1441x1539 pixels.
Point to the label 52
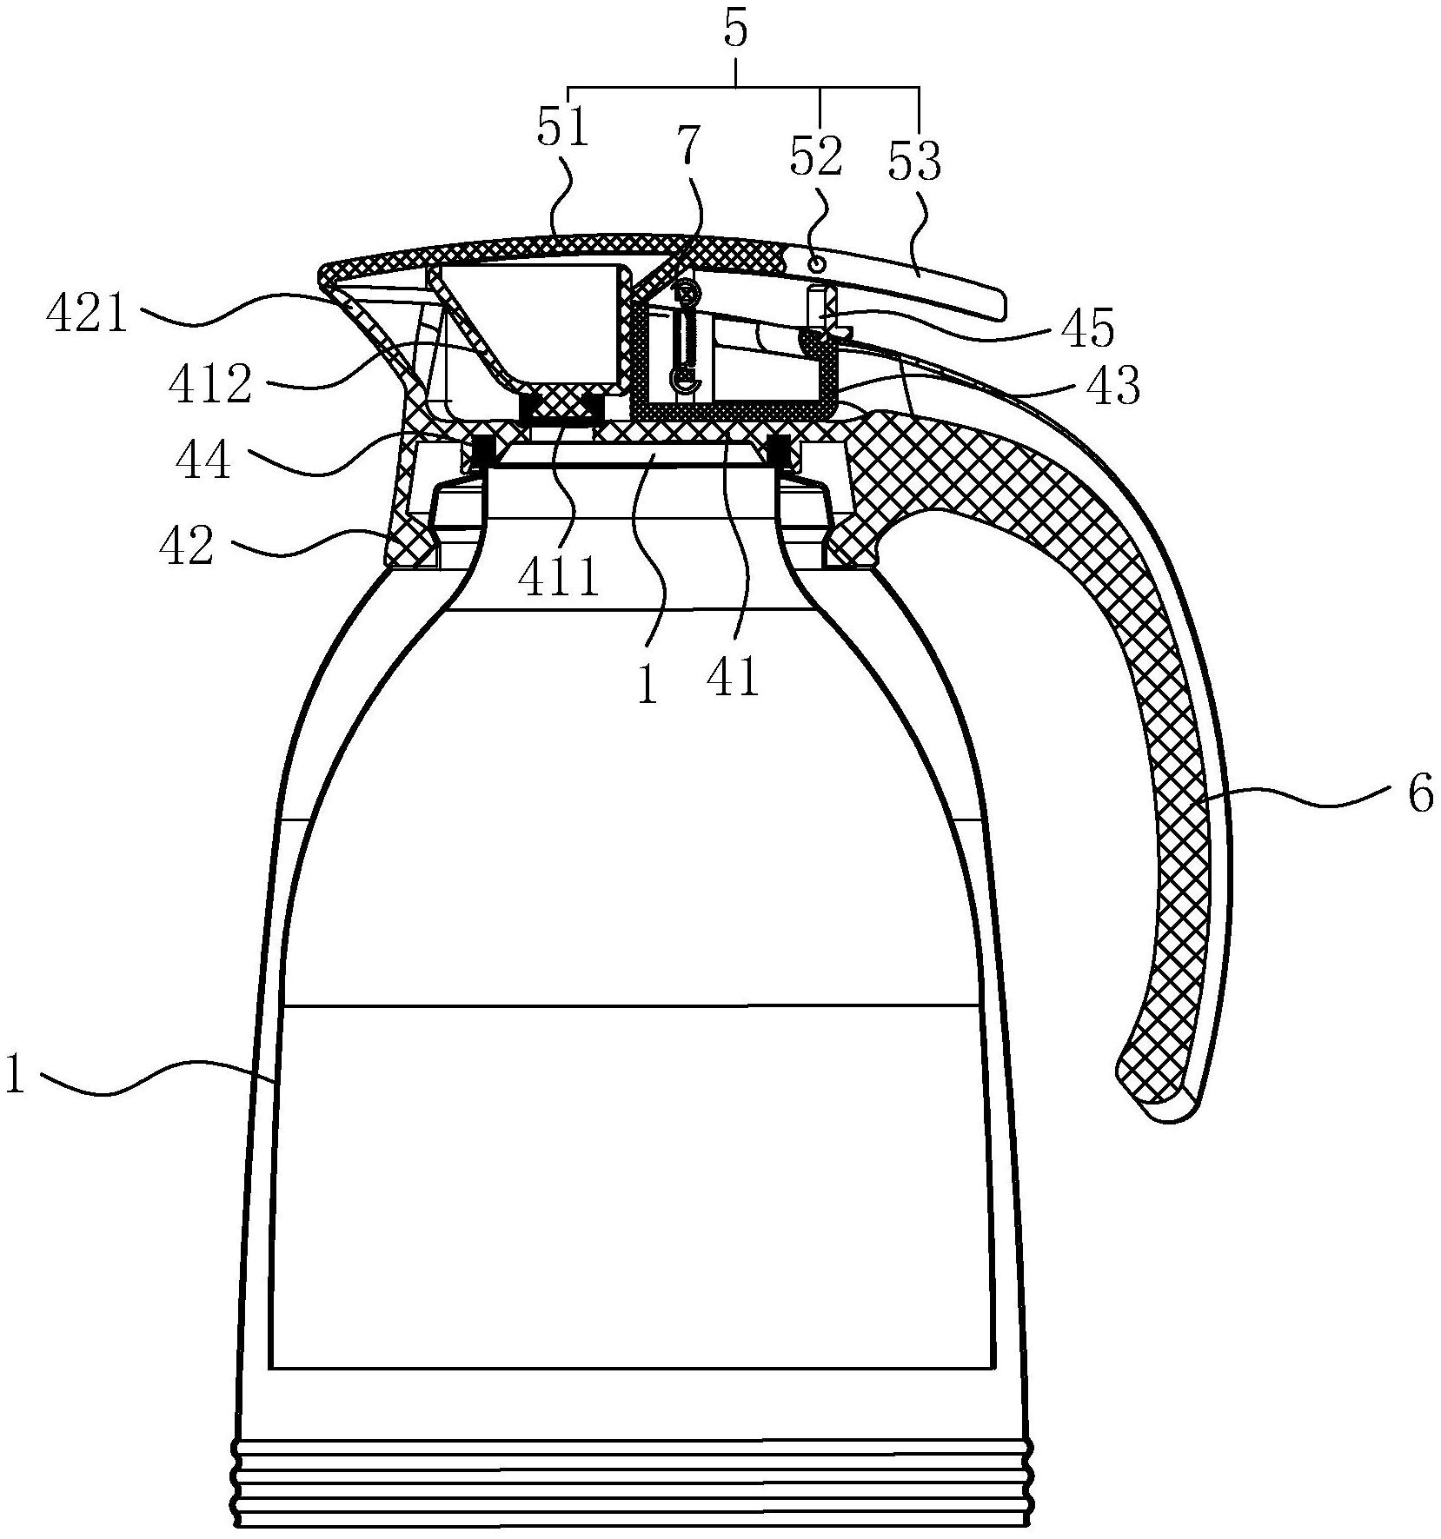[x=815, y=156]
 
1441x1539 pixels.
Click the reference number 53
[x=915, y=162]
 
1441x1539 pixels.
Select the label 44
[x=203, y=459]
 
